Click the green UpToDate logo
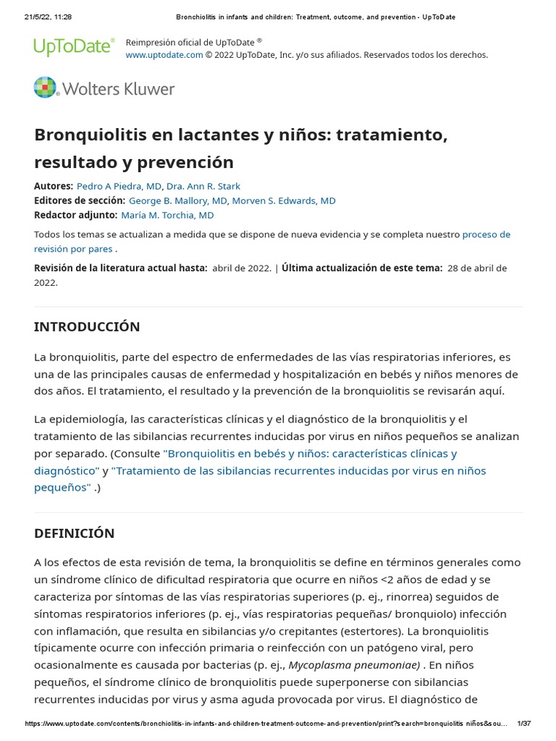coord(74,47)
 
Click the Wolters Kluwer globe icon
coord(45,88)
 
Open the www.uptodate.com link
coord(164,55)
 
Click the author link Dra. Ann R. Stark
coord(203,186)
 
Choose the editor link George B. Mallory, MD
coord(178,200)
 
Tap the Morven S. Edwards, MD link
coord(284,200)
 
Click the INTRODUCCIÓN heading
coord(87,326)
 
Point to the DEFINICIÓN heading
coord(75,533)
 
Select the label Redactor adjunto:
coord(75,215)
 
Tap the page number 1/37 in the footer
coord(524,724)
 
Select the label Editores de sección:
coord(80,200)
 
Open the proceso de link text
coord(486,234)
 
